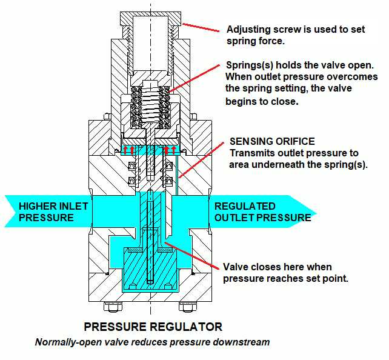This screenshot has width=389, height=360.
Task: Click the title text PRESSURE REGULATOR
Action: point(153,327)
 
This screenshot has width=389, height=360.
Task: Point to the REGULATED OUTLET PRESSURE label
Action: point(254,212)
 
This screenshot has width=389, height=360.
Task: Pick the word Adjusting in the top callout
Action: point(246,29)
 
